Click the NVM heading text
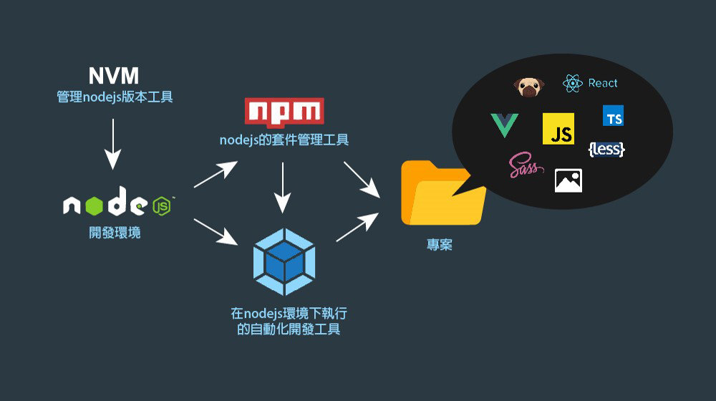click(x=114, y=76)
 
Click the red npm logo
click(x=284, y=112)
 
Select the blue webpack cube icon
click(x=284, y=262)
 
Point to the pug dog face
click(x=529, y=87)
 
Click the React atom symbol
click(x=573, y=84)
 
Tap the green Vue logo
click(x=505, y=125)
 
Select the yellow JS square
click(x=558, y=129)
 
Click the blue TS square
click(x=613, y=116)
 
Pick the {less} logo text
click(x=606, y=149)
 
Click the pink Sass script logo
click(x=525, y=166)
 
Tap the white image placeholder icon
click(x=569, y=181)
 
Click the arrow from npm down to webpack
click(x=284, y=188)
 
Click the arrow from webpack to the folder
click(x=357, y=227)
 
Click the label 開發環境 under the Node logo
click(x=115, y=233)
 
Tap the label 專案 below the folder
click(x=440, y=245)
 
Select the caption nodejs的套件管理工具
click(x=284, y=140)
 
